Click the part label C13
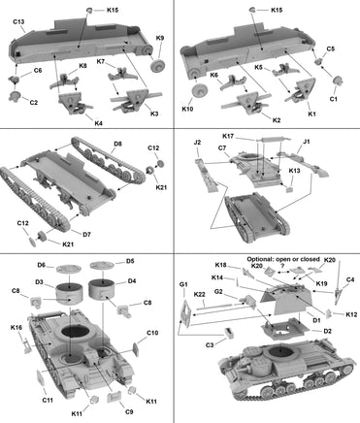[x=20, y=19]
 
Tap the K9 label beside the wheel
[x=161, y=38]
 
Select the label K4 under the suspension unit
[x=71, y=122]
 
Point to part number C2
[x=33, y=103]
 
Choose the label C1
[x=334, y=99]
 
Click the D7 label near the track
[x=86, y=234]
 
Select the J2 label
[x=197, y=143]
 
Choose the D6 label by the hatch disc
[x=42, y=264]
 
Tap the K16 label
[x=16, y=328]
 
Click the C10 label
[x=152, y=334]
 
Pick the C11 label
[x=48, y=399]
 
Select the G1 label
[x=182, y=283]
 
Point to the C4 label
[x=350, y=280]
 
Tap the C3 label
[x=211, y=344]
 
